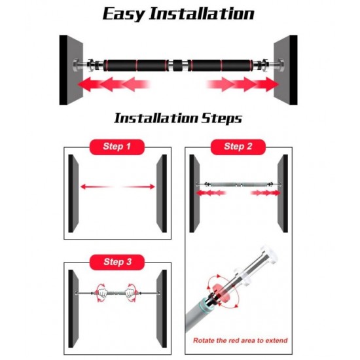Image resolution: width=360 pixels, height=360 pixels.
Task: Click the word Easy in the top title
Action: coord(123,14)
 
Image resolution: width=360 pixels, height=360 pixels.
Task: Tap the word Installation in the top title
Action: coord(202,14)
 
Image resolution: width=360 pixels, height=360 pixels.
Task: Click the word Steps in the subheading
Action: coord(221,118)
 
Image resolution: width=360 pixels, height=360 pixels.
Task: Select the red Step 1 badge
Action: coord(117,147)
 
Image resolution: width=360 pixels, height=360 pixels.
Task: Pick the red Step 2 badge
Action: coord(238,147)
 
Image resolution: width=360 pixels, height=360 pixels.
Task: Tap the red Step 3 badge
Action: coord(117,262)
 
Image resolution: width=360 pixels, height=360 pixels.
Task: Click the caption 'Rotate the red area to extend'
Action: coord(240,340)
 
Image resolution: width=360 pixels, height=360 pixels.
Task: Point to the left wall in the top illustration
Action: coord(71,70)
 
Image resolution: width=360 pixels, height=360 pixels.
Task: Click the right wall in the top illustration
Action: coord(285,70)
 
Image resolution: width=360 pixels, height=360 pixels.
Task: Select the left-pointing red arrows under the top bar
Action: coord(114,84)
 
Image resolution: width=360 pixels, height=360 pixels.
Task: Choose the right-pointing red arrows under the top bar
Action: coord(243,84)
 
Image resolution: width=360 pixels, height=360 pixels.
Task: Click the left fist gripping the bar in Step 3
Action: coord(103,293)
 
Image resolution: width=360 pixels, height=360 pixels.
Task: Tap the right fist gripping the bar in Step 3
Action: coord(130,293)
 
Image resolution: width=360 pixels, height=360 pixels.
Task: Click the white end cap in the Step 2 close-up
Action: coord(269,255)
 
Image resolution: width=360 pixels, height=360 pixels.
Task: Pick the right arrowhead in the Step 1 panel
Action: coord(153,187)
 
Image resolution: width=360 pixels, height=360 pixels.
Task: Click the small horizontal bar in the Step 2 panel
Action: coord(238,184)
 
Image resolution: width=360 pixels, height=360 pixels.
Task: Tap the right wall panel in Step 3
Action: coord(162,308)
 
